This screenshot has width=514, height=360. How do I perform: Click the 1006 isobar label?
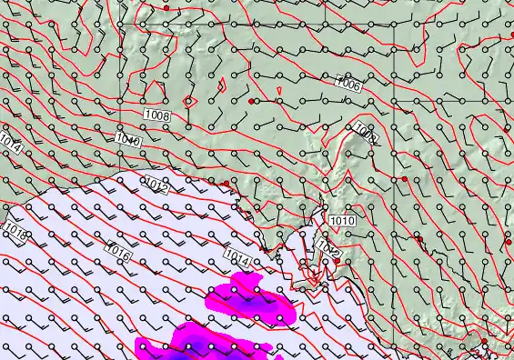349,84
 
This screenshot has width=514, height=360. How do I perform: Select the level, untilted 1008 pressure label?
157,115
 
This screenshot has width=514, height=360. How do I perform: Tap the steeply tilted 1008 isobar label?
366,133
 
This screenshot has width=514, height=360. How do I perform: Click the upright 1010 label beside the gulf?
342,221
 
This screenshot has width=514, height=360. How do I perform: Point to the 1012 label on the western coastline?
156,185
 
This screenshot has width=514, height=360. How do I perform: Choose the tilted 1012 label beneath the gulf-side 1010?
328,248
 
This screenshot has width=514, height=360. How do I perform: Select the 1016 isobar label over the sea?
118,253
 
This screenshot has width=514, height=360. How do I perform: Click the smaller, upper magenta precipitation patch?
250,299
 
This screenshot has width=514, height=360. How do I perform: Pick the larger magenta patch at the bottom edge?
196,344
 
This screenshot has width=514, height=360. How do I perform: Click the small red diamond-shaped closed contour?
189,100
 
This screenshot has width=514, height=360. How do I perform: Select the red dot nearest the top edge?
166,7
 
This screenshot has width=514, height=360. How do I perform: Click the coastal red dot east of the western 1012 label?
226,184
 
